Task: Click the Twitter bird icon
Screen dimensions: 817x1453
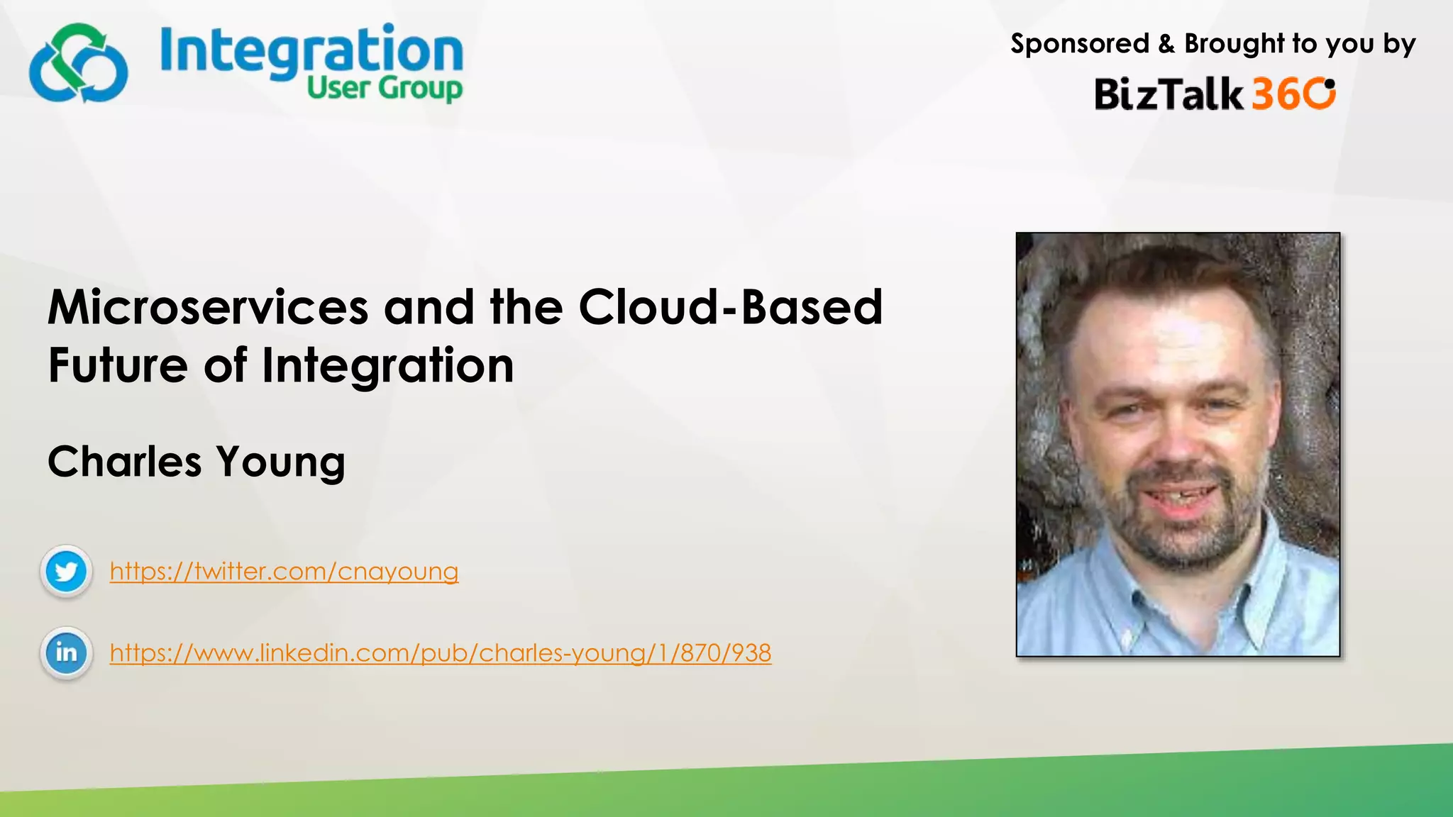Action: (x=66, y=571)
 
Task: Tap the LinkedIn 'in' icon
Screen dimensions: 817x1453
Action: (x=66, y=652)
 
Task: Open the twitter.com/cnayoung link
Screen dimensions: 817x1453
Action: (x=284, y=572)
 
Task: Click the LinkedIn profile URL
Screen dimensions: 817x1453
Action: (x=440, y=653)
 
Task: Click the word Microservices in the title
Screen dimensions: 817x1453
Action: (x=208, y=308)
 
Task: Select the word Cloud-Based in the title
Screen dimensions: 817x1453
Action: (x=730, y=308)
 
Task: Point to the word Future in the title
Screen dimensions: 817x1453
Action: (x=118, y=366)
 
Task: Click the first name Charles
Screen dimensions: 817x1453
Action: (x=125, y=462)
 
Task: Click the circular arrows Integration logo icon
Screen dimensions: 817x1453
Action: (x=78, y=64)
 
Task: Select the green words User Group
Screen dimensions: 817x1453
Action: (x=385, y=89)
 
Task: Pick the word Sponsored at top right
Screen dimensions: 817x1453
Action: (x=1079, y=44)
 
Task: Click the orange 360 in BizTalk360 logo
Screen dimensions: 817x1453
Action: (x=1293, y=94)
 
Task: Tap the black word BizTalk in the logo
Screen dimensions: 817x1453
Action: (x=1168, y=94)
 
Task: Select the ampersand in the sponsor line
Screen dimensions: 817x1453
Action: (x=1166, y=44)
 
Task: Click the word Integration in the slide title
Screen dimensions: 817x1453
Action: (x=387, y=366)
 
